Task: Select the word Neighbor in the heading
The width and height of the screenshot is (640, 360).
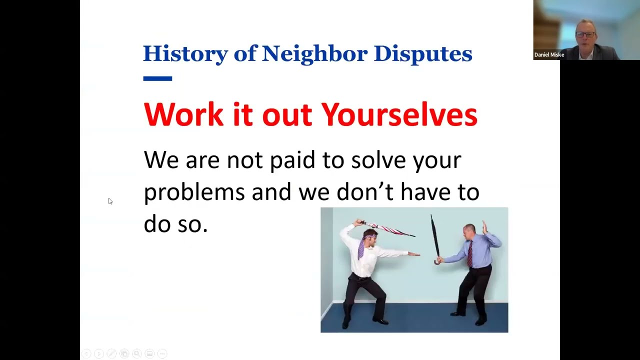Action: [x=314, y=54]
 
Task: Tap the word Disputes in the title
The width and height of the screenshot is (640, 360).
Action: [x=422, y=54]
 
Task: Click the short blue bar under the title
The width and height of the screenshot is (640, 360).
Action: [x=157, y=78]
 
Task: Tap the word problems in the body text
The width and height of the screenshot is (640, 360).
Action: [x=194, y=192]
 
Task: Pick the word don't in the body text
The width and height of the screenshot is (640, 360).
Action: [x=365, y=191]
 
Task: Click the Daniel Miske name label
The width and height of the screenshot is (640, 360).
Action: [x=549, y=55]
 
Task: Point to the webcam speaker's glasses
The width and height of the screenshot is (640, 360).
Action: [x=585, y=35]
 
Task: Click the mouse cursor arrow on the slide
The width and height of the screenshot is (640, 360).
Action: [x=110, y=201]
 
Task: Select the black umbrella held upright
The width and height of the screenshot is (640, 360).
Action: [x=435, y=237]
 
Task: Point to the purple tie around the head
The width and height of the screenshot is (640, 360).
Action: [x=361, y=245]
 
